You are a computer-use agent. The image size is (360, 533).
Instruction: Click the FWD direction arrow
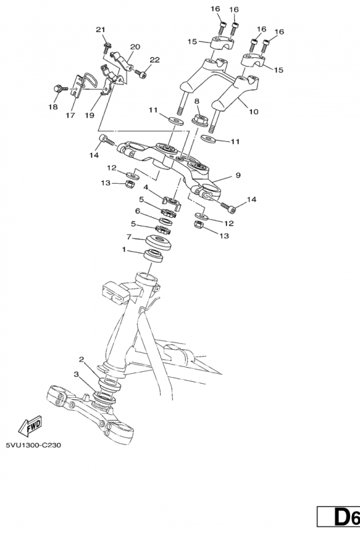(31, 426)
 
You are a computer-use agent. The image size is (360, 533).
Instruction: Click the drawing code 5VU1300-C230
(33, 445)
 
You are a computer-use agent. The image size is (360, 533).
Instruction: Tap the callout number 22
(155, 60)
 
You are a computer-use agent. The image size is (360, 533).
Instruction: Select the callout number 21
(101, 30)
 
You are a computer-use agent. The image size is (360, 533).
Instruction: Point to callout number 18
(53, 107)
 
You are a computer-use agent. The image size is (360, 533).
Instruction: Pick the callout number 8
(197, 101)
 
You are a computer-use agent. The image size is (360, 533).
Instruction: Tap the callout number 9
(238, 175)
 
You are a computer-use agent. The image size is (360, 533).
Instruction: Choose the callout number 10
(254, 111)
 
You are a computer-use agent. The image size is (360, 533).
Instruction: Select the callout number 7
(129, 236)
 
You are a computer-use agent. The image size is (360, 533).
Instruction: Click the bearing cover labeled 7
(159, 242)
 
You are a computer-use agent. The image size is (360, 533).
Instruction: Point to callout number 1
(124, 250)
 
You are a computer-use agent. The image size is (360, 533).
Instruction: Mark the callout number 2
(81, 359)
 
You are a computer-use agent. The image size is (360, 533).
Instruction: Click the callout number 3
(76, 374)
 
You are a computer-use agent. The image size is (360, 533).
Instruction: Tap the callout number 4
(145, 187)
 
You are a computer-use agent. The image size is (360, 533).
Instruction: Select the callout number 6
(137, 211)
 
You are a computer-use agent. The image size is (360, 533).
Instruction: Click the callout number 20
(135, 47)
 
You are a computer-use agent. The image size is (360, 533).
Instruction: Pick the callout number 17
(70, 115)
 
